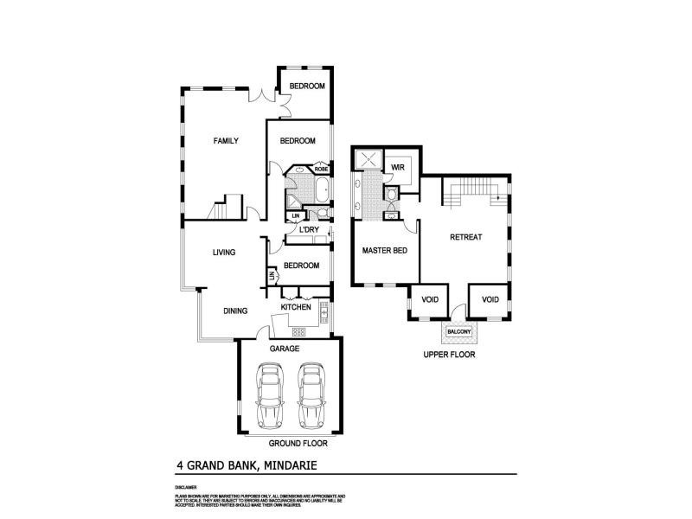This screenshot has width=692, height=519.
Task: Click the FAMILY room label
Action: click(226, 141)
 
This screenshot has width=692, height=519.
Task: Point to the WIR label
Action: click(399, 168)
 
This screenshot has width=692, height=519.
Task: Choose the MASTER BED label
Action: click(384, 251)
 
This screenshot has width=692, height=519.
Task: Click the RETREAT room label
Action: click(466, 237)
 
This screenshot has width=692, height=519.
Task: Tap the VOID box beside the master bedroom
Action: click(430, 299)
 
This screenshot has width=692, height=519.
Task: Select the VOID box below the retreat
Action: click(490, 299)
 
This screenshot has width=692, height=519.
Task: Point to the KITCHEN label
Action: click(296, 307)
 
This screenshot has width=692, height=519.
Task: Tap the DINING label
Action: click(236, 311)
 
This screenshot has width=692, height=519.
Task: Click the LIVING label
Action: click(226, 253)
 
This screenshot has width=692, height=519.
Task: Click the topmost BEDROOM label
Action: click(307, 86)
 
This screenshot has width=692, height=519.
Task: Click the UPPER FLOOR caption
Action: click(449, 355)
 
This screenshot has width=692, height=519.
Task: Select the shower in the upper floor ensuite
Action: click(369, 160)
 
